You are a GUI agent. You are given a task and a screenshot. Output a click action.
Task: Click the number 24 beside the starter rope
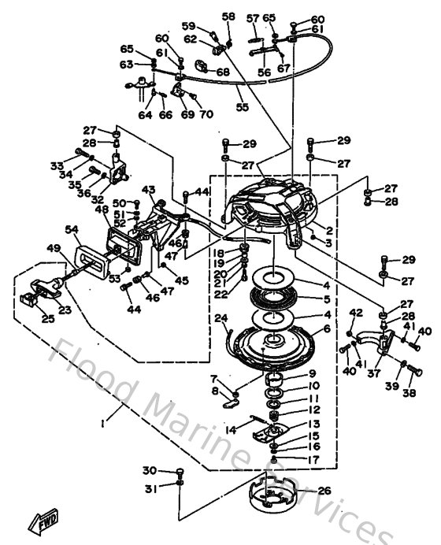point(220,318)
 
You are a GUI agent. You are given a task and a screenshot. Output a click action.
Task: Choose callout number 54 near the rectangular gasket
point(72,229)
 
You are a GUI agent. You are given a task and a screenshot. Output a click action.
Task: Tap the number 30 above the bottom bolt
point(150,471)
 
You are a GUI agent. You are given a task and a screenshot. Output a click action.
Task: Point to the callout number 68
point(223,73)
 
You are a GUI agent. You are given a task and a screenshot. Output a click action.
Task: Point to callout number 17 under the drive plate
point(313,459)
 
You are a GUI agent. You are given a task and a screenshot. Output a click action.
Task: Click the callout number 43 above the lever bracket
point(148,189)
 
